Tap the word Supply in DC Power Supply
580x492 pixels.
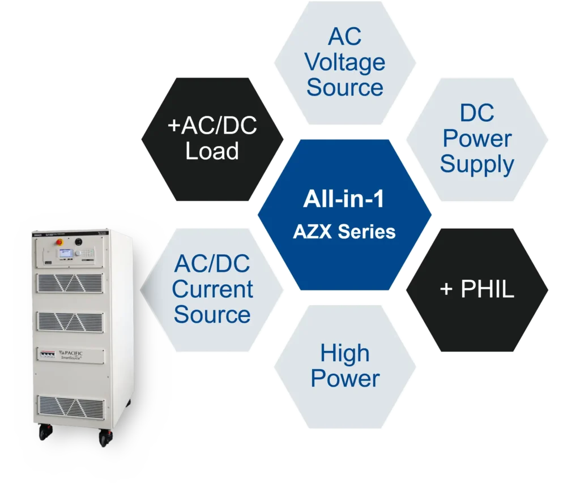tap(477, 164)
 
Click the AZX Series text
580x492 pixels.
tap(344, 232)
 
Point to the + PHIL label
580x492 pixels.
tap(477, 289)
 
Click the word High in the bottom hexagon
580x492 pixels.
tap(344, 353)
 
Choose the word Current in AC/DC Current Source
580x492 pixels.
tap(212, 289)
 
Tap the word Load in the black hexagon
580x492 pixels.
tap(212, 152)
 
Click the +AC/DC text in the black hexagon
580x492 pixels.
tap(212, 126)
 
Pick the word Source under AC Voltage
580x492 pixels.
tap(344, 88)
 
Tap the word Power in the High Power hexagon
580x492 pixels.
tap(344, 379)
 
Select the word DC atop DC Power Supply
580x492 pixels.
tap(477, 113)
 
